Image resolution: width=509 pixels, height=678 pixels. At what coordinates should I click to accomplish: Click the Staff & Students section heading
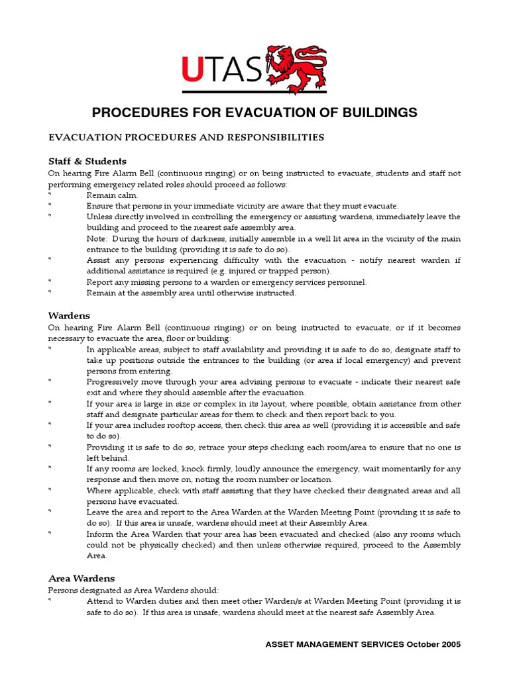click(87, 161)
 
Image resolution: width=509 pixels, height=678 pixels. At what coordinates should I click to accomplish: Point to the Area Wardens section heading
click(81, 578)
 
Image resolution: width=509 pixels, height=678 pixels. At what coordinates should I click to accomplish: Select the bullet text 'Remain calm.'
click(112, 195)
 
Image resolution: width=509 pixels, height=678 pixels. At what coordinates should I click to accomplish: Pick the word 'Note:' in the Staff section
click(98, 238)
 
